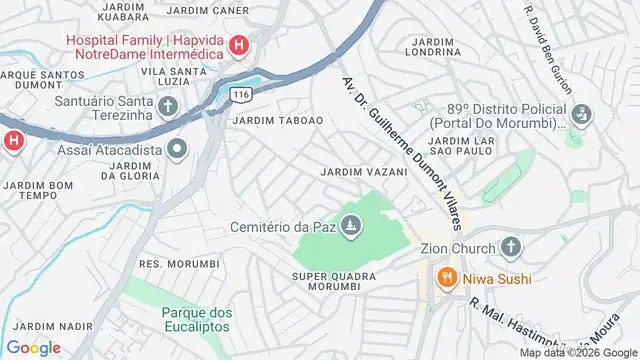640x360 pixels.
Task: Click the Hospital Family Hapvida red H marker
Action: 239,44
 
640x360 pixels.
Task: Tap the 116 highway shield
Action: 239,94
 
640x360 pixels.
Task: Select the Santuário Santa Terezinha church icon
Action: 168,105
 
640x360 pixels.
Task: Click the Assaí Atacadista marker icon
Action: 178,150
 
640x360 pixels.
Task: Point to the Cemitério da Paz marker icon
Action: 350,229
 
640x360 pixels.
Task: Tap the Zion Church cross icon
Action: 511,247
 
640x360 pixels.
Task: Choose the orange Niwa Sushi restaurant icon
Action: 446,276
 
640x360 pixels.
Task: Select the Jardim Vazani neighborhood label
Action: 364,172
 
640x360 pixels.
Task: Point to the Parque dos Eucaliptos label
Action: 197,318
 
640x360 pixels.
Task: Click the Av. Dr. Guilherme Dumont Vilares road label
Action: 399,149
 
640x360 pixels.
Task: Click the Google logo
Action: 33,347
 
